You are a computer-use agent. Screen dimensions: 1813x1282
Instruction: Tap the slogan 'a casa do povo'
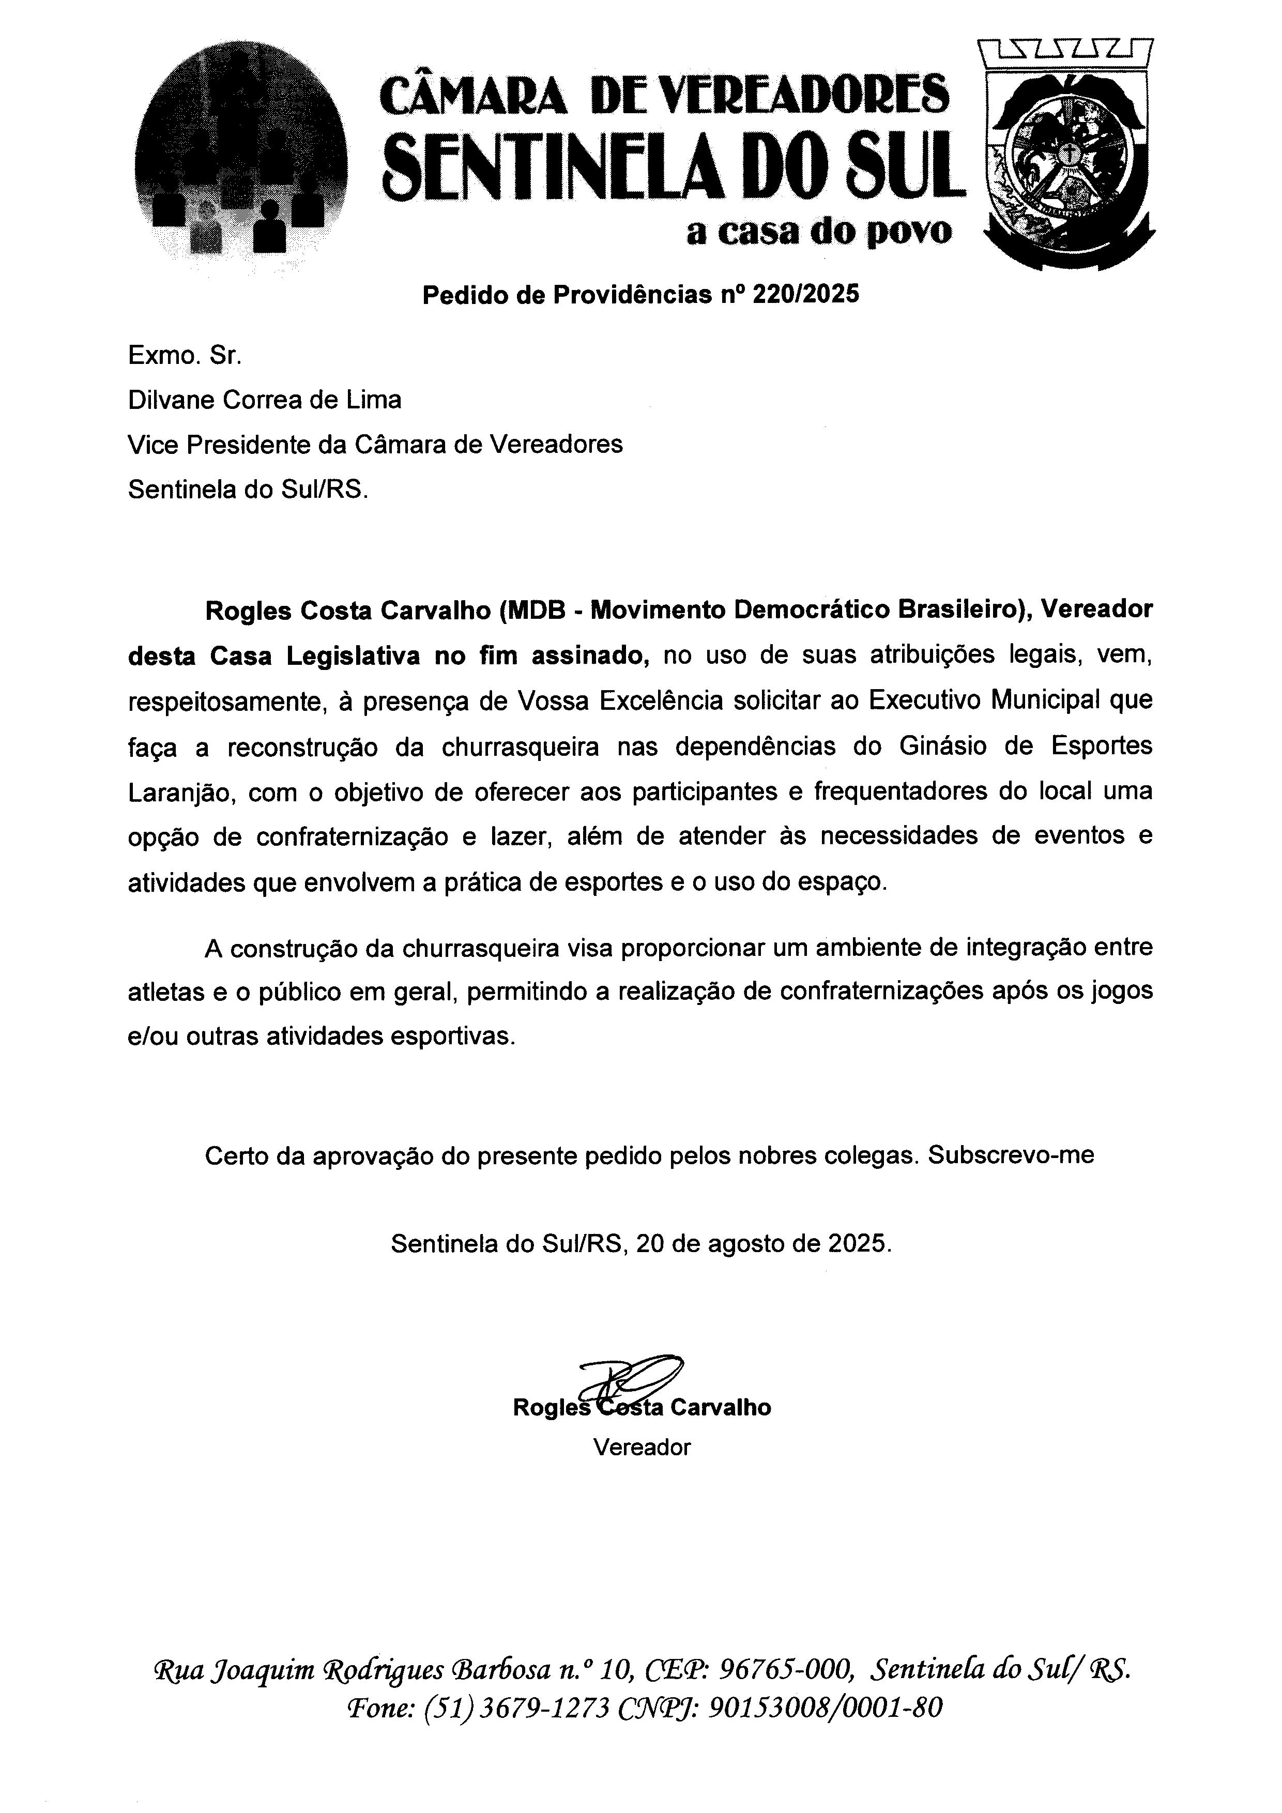pyautogui.click(x=819, y=232)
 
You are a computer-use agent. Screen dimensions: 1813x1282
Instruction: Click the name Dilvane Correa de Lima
pyautogui.click(x=265, y=400)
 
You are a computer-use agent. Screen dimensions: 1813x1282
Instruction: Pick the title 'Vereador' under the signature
pyautogui.click(x=642, y=1448)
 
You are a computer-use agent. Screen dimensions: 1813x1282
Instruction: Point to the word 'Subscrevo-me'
pyautogui.click(x=1011, y=1155)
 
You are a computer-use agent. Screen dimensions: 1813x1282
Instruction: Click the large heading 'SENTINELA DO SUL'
pyautogui.click(x=674, y=168)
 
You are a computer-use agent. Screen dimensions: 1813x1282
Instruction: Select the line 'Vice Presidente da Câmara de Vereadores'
pyautogui.click(x=375, y=445)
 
